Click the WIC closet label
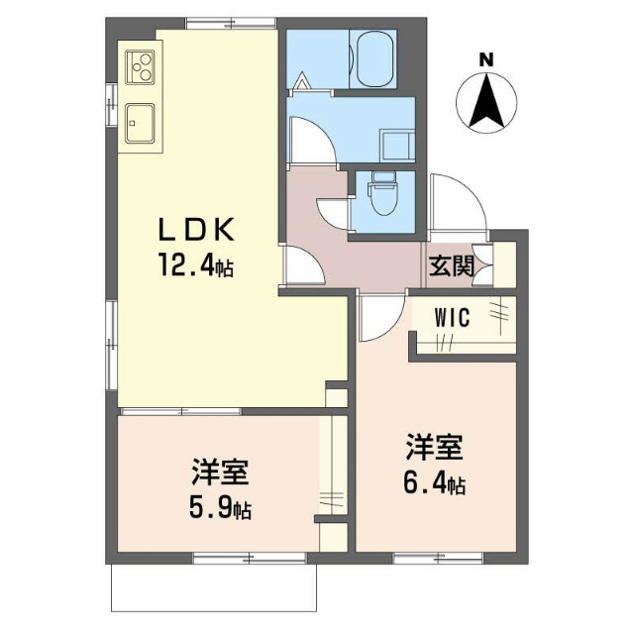point(457,319)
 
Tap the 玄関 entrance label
point(452,266)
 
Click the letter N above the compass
point(486,59)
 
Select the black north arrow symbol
point(486,104)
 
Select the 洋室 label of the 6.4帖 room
point(433,448)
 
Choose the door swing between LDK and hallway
point(302,264)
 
